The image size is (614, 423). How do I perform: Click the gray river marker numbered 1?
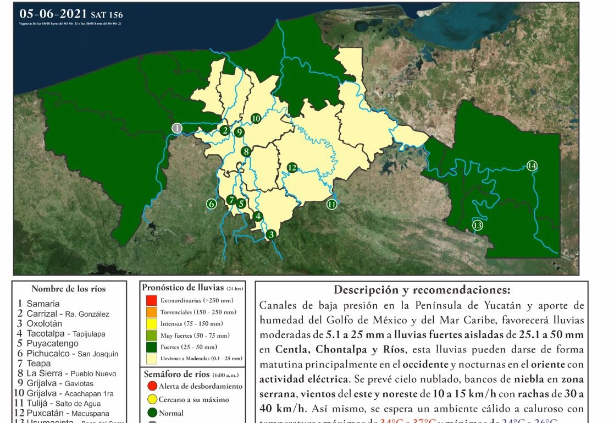tap(177, 128)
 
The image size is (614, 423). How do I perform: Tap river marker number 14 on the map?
tap(532, 166)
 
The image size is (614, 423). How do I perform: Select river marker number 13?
tap(478, 225)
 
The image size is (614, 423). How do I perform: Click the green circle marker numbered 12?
tap(292, 167)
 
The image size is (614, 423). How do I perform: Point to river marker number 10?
tap(256, 118)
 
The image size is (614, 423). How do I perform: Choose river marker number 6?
tap(212, 204)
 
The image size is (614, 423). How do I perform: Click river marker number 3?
tap(271, 235)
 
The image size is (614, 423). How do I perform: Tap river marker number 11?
tap(331, 204)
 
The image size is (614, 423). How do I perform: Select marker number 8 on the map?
tap(246, 151)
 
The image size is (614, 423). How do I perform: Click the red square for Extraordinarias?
tap(152, 301)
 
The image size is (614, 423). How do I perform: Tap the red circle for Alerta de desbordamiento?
tap(153, 386)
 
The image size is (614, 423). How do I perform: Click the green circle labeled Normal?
tap(153, 413)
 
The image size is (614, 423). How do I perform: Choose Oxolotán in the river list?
tap(45, 323)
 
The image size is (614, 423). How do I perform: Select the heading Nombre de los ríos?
tap(69, 289)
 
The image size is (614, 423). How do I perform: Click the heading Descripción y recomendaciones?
tap(422, 290)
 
